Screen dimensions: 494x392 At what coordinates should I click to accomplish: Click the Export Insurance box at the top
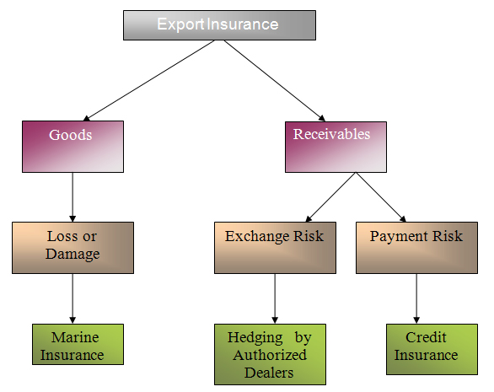click(x=219, y=25)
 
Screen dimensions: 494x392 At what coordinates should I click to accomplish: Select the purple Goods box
click(x=72, y=147)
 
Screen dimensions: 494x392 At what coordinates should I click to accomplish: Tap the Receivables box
click(x=336, y=147)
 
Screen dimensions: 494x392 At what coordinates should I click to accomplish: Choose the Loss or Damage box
click(x=72, y=248)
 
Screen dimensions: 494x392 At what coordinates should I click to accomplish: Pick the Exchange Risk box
click(x=275, y=248)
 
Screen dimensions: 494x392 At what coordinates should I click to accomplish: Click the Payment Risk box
click(x=416, y=248)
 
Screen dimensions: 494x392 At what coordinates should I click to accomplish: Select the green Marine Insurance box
click(x=78, y=344)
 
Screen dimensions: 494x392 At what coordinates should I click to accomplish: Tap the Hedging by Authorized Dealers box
click(x=270, y=354)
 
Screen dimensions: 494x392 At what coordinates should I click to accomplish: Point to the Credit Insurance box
click(x=432, y=349)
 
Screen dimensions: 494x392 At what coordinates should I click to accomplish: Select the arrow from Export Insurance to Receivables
click(x=275, y=81)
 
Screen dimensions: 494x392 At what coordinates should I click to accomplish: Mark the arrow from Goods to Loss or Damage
click(x=72, y=197)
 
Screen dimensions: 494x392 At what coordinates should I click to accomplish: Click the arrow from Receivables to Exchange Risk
click(x=330, y=197)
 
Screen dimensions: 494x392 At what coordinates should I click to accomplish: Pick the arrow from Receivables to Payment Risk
click(x=381, y=197)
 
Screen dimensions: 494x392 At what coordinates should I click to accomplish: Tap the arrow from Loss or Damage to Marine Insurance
click(x=72, y=298)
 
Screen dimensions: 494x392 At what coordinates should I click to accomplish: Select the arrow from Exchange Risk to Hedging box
click(x=275, y=298)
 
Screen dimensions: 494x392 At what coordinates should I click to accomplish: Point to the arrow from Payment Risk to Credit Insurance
click(x=416, y=298)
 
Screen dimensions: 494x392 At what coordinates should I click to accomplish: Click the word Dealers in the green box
click(x=269, y=373)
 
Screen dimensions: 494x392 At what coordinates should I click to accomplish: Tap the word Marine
click(x=75, y=337)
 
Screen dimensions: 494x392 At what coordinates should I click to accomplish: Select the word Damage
click(x=72, y=254)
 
